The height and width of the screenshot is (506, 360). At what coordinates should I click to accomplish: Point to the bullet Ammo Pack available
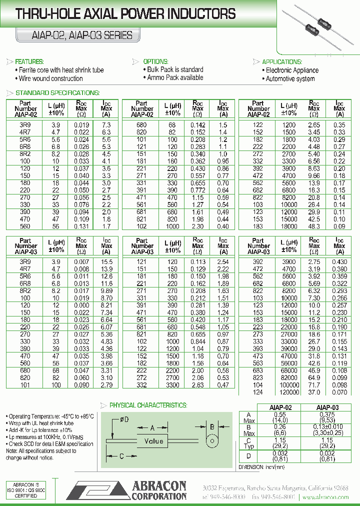(175, 78)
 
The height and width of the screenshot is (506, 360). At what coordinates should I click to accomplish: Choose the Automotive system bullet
(290, 79)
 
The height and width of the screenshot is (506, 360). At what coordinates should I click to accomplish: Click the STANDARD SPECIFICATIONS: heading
(57, 93)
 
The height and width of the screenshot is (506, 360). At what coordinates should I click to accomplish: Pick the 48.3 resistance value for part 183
(313, 226)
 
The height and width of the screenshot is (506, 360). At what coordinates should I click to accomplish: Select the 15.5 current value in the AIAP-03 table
(106, 262)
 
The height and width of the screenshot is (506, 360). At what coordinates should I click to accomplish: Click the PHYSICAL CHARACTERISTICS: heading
(148, 405)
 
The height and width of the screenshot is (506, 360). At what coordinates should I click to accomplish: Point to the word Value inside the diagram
(153, 441)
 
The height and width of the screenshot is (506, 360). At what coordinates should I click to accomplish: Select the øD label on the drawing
(123, 420)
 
